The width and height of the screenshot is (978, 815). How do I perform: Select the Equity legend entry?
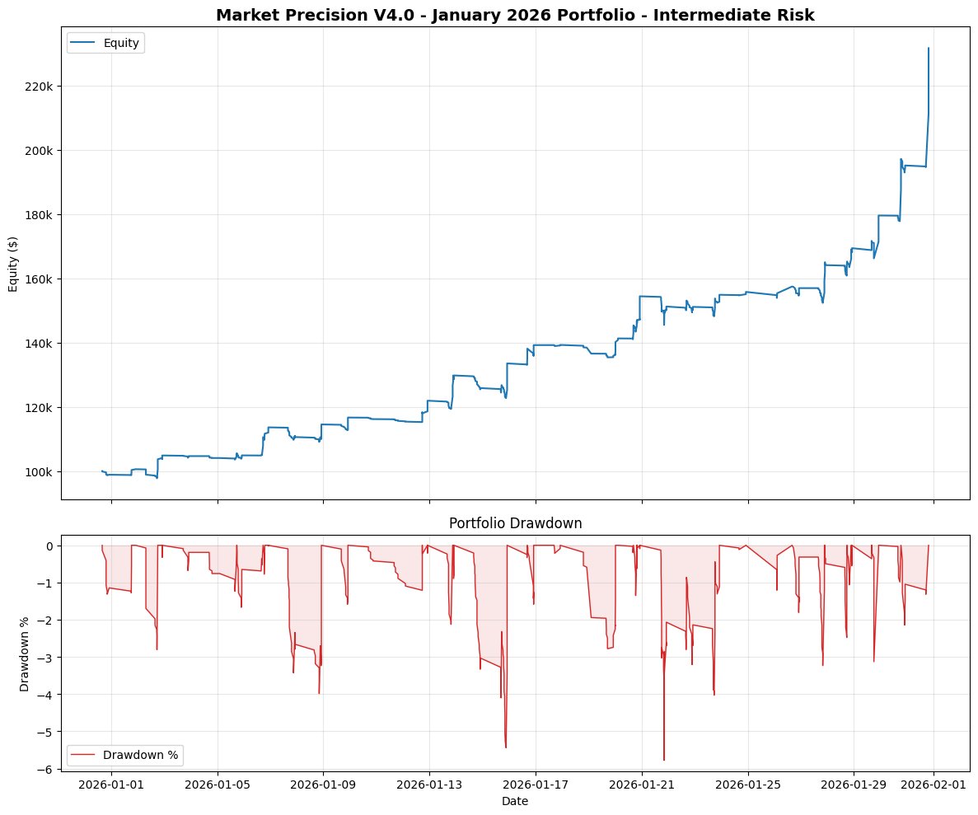point(120,44)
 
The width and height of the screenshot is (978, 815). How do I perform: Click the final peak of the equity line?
point(929,48)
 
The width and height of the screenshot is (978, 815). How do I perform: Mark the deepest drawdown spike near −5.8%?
point(663,760)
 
